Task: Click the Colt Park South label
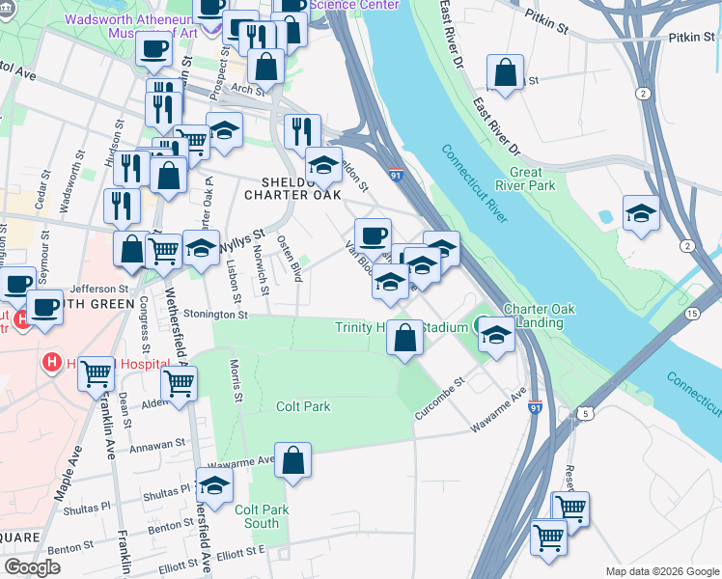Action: click(x=257, y=516)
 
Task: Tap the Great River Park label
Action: click(x=532, y=179)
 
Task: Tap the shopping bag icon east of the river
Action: click(x=505, y=72)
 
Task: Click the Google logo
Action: click(x=32, y=567)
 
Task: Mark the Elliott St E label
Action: click(x=239, y=551)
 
